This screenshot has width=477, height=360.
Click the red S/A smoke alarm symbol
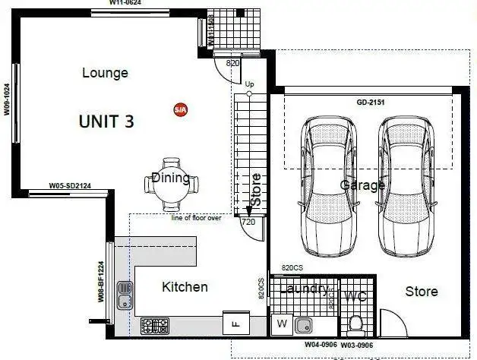[180, 110]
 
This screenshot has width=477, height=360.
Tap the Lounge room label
[105, 73]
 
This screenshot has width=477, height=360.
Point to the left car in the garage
[328, 186]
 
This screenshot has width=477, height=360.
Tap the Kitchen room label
[185, 287]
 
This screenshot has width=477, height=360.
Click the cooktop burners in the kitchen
[156, 327]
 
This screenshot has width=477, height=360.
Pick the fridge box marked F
[232, 323]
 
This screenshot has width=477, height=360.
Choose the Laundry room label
[304, 289]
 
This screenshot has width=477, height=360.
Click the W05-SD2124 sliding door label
[70, 185]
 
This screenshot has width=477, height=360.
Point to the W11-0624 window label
[125, 3]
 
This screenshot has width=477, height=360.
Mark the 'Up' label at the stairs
[249, 84]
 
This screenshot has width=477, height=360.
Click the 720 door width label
[248, 222]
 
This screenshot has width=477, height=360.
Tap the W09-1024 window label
[6, 99]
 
